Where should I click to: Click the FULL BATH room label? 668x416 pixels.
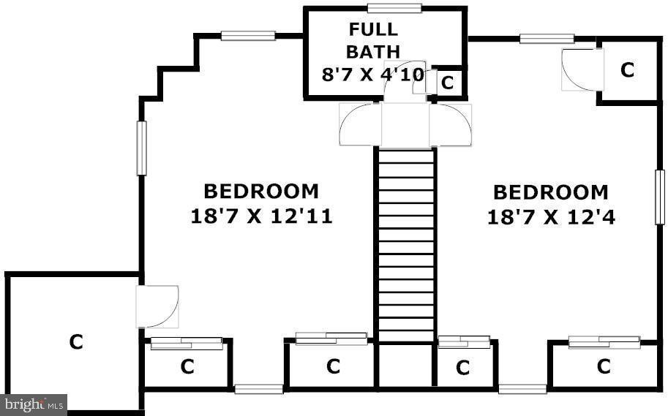click(372, 40)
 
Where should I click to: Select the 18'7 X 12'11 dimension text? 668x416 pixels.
click(261, 216)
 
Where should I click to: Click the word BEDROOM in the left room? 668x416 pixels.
click(261, 192)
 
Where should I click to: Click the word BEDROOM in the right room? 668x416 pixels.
click(550, 192)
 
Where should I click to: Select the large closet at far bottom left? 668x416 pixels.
click(74, 341)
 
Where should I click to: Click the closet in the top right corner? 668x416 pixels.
click(626, 70)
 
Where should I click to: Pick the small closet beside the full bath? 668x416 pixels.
click(447, 83)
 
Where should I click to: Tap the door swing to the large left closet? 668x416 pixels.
click(157, 306)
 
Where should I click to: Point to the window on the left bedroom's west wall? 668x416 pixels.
click(141, 148)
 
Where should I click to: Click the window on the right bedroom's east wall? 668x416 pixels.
click(658, 197)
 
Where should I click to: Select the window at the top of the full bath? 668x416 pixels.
click(394, 8)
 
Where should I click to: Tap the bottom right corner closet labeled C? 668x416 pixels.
click(603, 366)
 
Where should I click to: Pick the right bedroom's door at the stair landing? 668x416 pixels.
click(451, 125)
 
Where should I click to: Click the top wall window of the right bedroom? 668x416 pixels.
click(546, 39)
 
